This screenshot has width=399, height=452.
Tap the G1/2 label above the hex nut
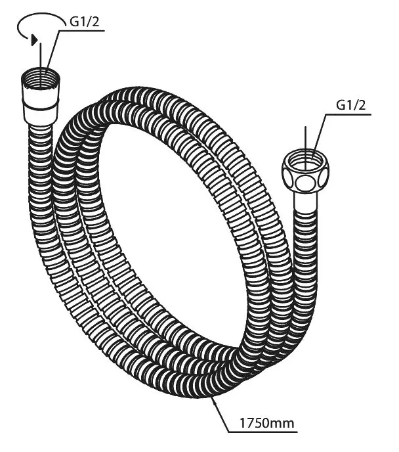[x=351, y=104]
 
